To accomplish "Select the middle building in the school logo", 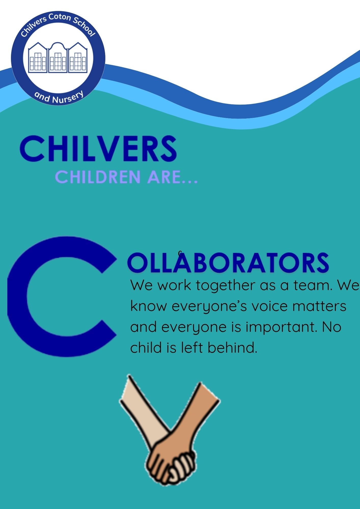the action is [x=58, y=58].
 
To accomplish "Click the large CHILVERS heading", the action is [x=98, y=148].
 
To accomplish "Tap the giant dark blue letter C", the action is [x=61, y=296].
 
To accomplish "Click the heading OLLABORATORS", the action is [x=228, y=262].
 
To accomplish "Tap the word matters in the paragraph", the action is [x=319, y=306].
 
